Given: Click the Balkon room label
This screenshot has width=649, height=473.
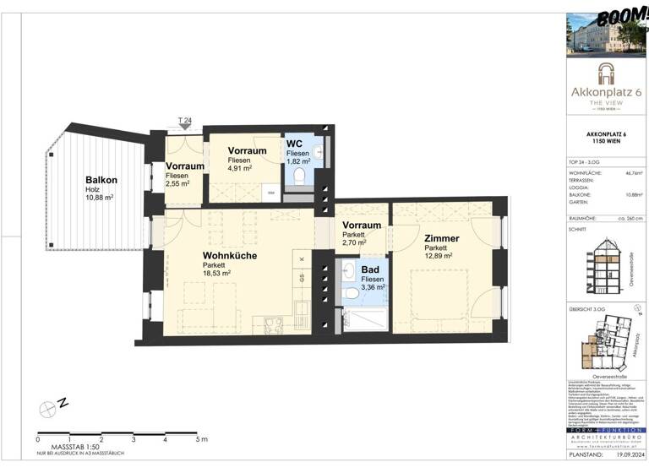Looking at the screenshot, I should pos(101,180).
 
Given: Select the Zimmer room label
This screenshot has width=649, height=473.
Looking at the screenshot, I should pos(441,238).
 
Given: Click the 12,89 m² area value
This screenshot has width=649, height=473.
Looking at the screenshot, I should pos(439,256).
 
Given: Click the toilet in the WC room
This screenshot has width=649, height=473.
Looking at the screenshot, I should pos(299,176).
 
